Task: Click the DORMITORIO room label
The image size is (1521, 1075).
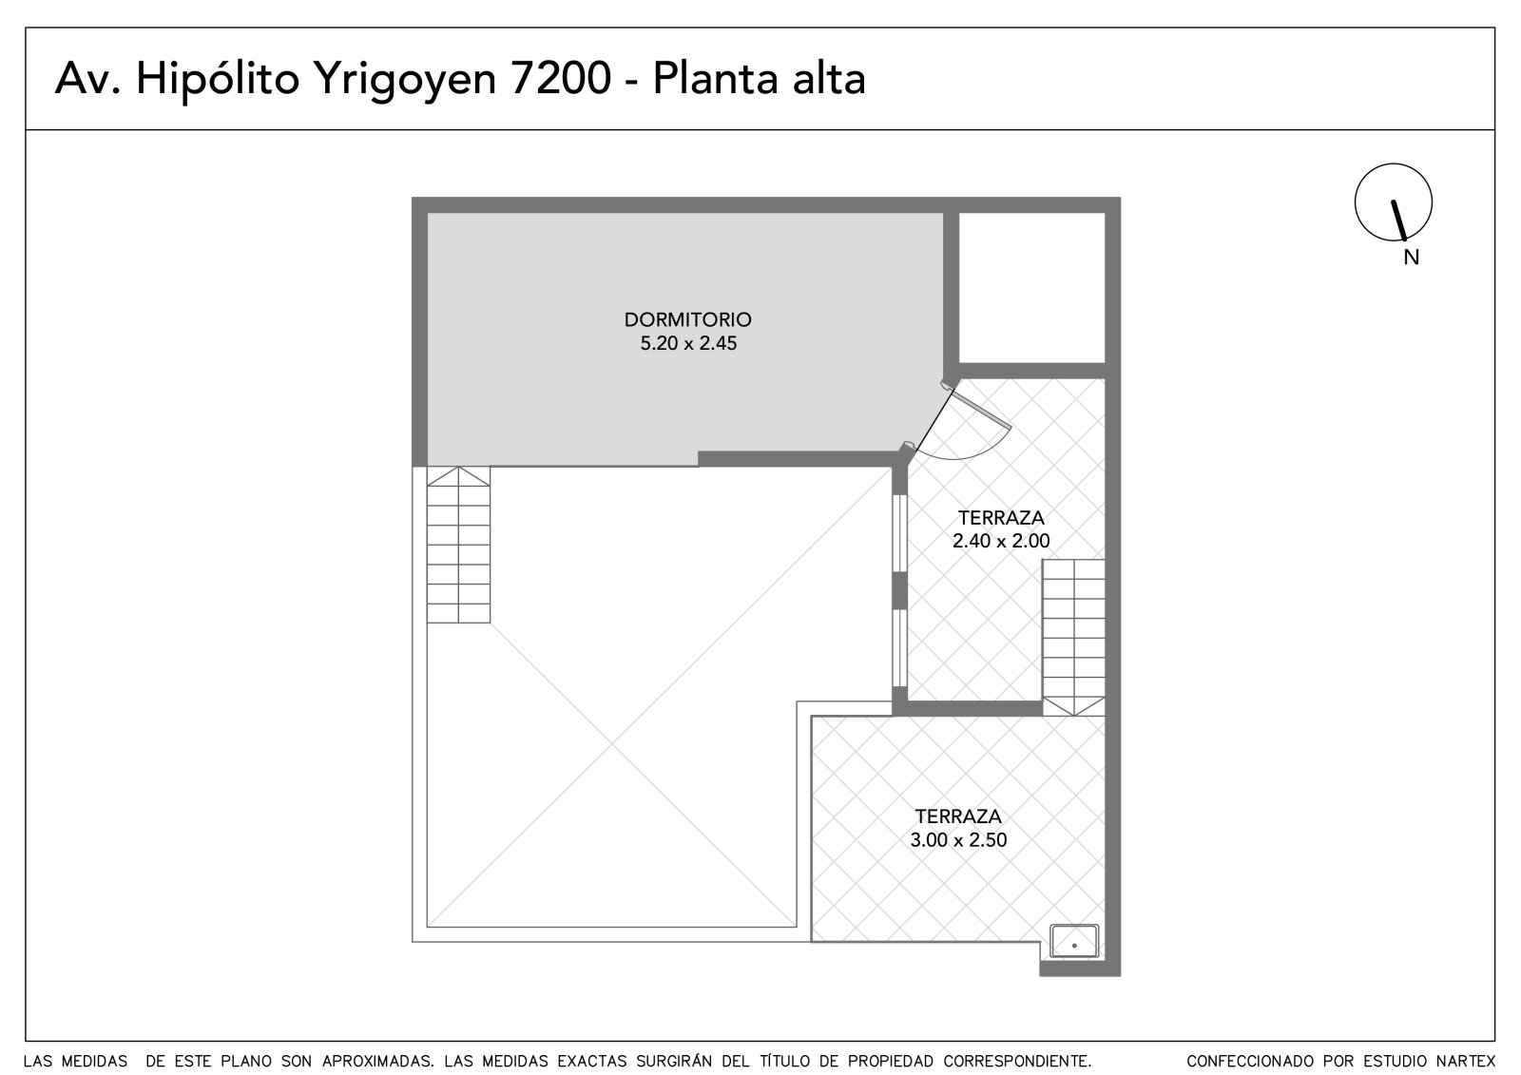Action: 688,319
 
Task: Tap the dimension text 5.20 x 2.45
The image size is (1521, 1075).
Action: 688,343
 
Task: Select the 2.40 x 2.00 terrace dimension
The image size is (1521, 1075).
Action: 1001,541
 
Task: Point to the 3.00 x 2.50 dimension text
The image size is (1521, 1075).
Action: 958,840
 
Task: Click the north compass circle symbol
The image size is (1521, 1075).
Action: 1394,164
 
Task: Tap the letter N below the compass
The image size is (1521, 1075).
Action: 1411,258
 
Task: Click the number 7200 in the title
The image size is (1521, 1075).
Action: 560,78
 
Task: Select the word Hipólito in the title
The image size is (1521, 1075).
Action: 218,80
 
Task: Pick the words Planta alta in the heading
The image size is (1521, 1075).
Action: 760,78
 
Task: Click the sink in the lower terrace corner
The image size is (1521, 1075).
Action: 1074,941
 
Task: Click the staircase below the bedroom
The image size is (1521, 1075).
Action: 458,545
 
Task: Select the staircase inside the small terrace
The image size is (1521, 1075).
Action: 1073,637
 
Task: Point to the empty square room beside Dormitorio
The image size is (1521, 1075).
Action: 1031,288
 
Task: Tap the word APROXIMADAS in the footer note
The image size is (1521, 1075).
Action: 377,1061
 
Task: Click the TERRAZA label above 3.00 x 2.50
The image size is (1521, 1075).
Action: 958,816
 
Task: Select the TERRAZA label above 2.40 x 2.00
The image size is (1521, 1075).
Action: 1001,517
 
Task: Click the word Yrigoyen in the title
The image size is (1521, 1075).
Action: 405,80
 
